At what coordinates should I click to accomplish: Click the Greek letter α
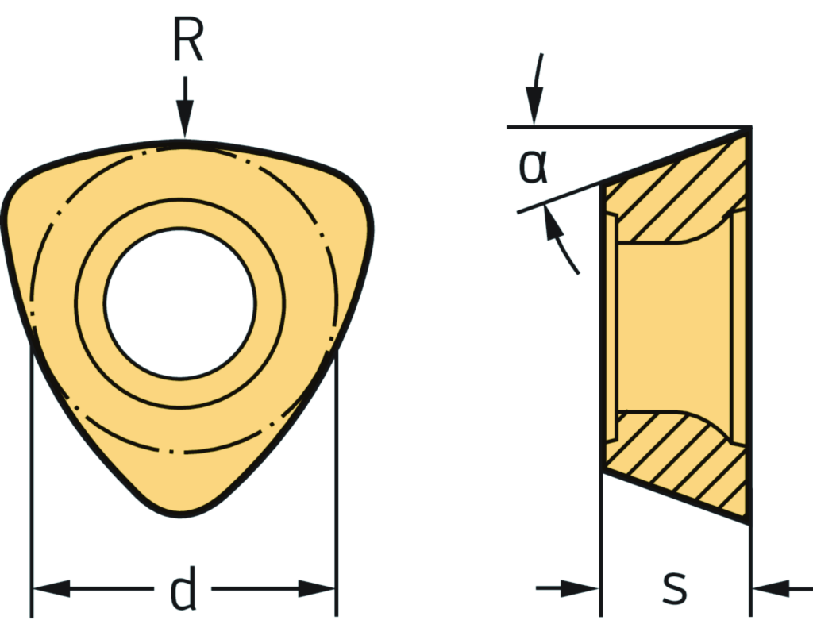point(533,164)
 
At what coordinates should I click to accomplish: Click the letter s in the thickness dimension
point(674,588)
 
